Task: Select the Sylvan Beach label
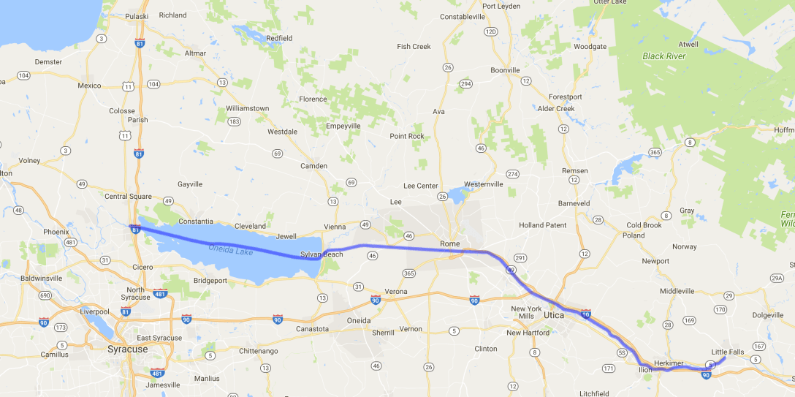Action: (x=322, y=254)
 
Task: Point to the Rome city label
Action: (x=449, y=243)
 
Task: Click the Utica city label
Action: (x=555, y=315)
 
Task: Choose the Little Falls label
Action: (x=728, y=352)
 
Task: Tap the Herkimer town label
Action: (x=669, y=363)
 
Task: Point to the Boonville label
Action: (x=505, y=70)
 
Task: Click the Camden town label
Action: (x=314, y=166)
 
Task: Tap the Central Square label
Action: (x=128, y=196)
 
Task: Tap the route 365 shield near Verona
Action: (x=409, y=273)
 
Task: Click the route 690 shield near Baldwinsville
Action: (x=45, y=295)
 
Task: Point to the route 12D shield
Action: (x=491, y=31)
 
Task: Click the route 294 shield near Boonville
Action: (x=466, y=84)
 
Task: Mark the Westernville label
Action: (x=484, y=184)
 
